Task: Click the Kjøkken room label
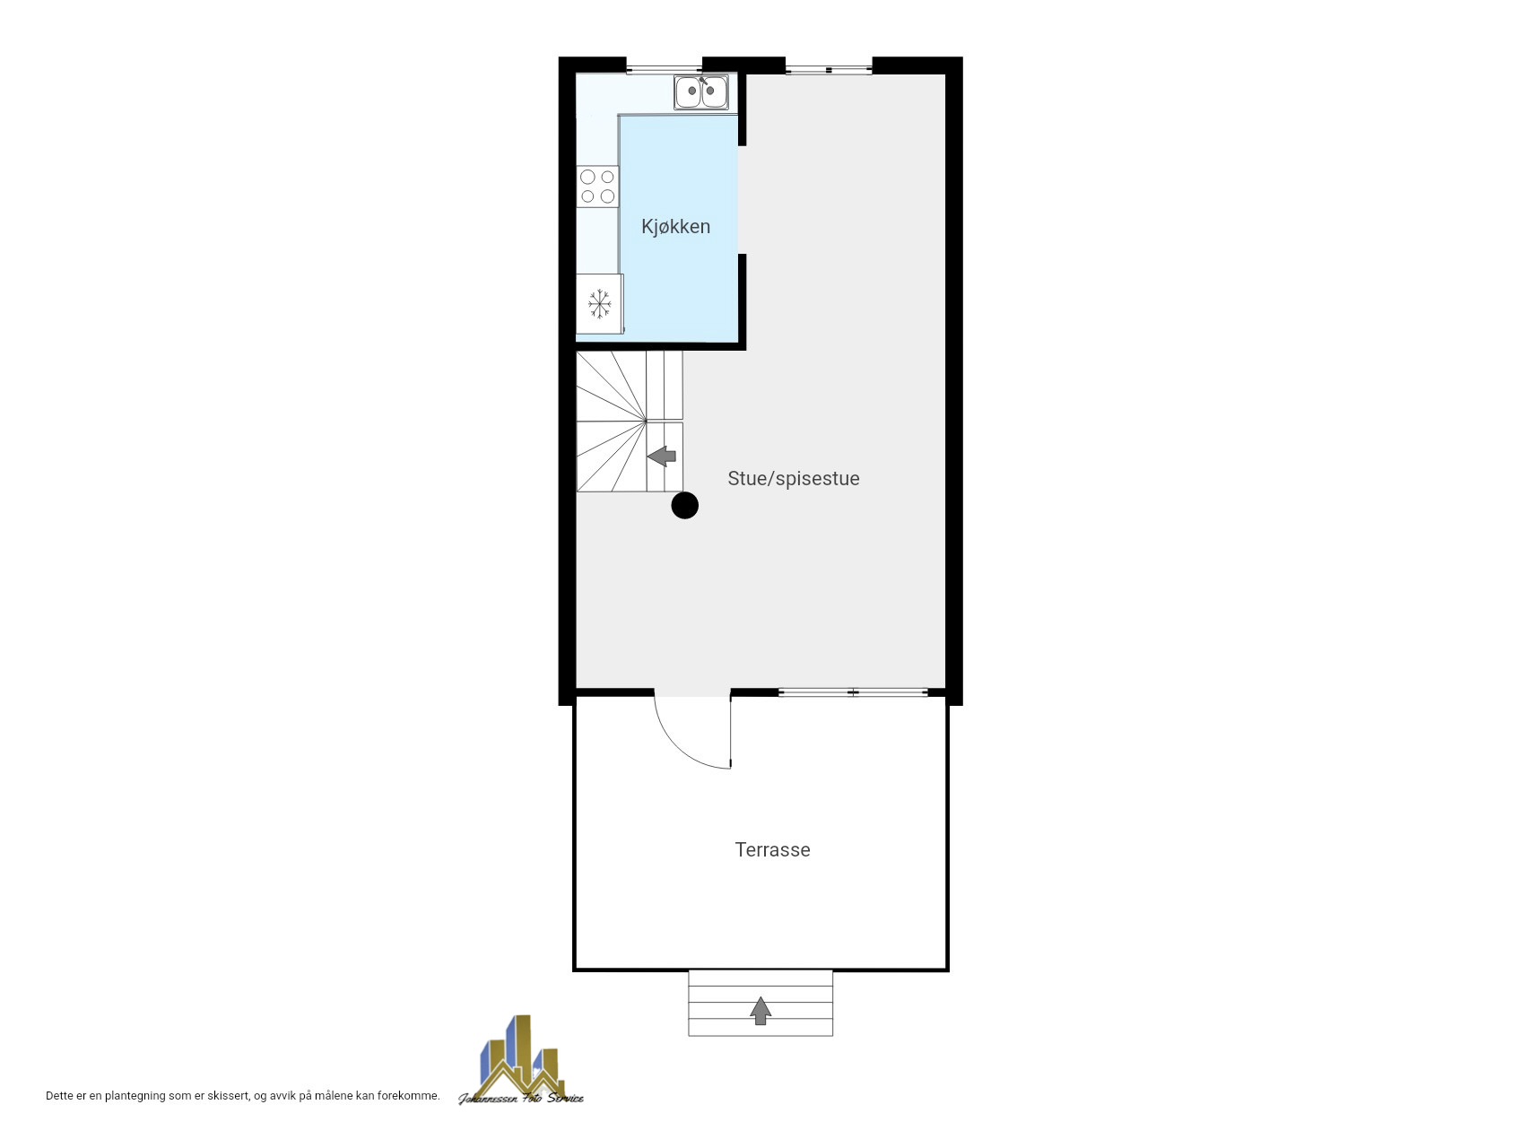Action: click(675, 227)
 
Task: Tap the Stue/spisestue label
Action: click(794, 479)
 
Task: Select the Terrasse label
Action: click(772, 849)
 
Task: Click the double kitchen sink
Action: click(701, 91)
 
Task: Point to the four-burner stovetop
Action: click(597, 187)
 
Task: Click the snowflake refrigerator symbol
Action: click(600, 304)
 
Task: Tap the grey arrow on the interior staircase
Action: click(662, 457)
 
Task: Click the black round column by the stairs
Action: click(685, 506)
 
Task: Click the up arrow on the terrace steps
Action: click(760, 1011)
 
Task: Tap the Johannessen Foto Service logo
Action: click(520, 1060)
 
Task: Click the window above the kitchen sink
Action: click(664, 68)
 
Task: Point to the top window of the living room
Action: click(829, 69)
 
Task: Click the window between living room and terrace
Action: click(853, 692)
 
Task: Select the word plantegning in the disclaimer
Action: click(135, 1096)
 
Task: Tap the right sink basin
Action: click(714, 91)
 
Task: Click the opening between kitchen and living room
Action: click(742, 200)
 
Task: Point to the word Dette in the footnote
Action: click(60, 1096)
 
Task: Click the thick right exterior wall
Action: click(954, 381)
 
